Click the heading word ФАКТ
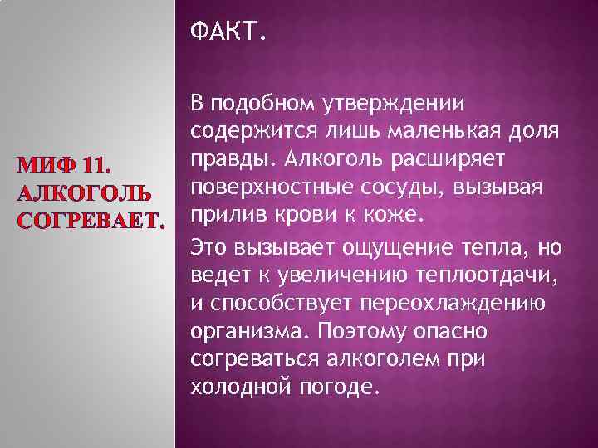coord(228,33)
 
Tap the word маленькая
coord(434,131)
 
